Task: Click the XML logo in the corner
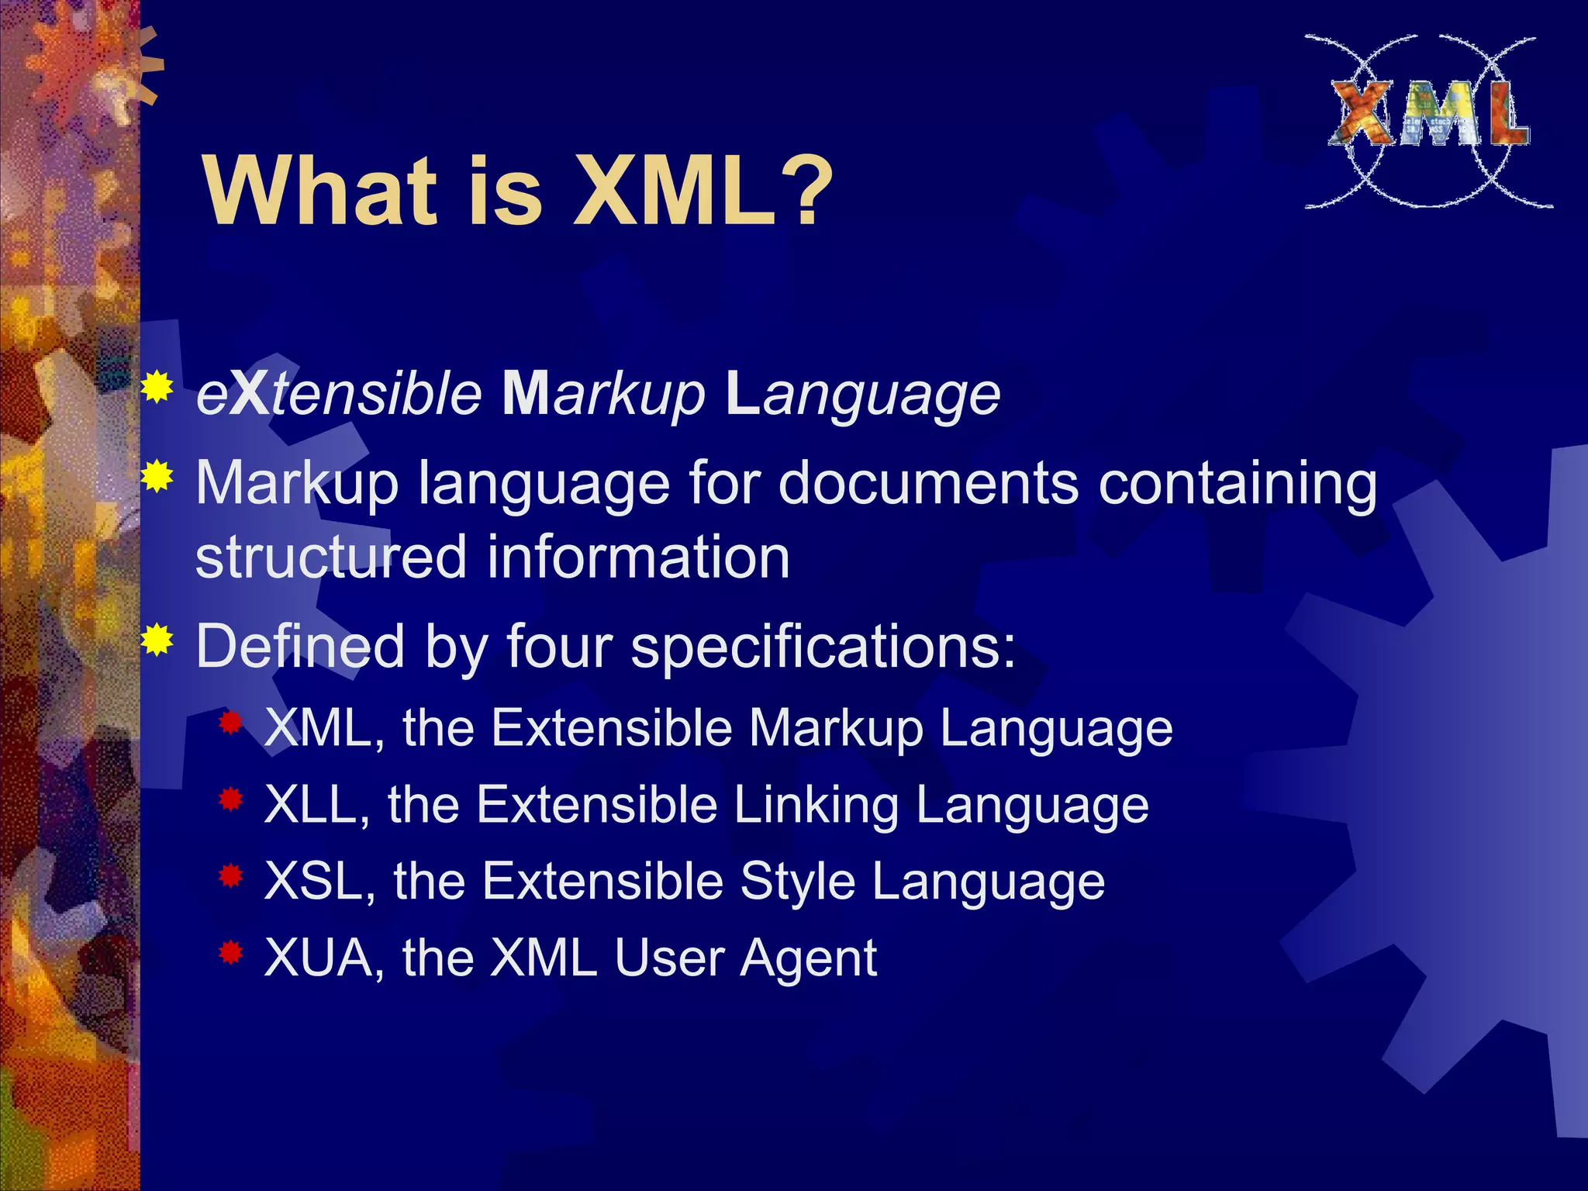pyautogui.click(x=1428, y=121)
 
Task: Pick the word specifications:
pyautogui.click(x=822, y=648)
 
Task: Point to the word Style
pyautogui.click(x=797, y=883)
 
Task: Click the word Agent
pyautogui.click(x=808, y=960)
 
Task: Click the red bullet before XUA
pyautogui.click(x=231, y=952)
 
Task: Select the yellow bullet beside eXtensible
pyautogui.click(x=157, y=387)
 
